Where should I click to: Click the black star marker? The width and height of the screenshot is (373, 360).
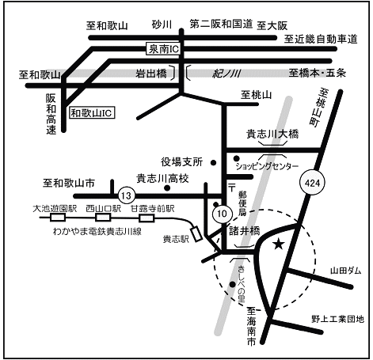click(279, 244)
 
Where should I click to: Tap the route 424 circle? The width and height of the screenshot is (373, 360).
click(312, 183)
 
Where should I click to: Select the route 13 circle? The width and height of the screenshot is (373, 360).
click(127, 195)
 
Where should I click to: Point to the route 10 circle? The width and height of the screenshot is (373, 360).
click(223, 214)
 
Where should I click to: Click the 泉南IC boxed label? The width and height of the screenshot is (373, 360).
click(163, 49)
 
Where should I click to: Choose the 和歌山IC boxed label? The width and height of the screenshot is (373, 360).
click(92, 113)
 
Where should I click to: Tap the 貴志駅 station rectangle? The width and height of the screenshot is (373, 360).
click(196, 233)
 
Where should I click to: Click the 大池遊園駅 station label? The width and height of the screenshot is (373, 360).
click(55, 209)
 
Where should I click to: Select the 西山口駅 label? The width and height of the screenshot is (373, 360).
click(103, 209)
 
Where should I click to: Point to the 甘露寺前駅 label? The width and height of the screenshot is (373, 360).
click(153, 209)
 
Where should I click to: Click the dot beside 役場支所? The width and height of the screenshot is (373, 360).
click(213, 163)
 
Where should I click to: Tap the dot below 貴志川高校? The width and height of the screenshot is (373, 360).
click(167, 188)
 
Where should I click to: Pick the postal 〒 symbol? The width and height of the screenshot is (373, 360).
click(232, 188)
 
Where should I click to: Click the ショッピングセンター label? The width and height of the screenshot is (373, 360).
click(267, 166)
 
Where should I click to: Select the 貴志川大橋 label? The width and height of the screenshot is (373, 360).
click(272, 134)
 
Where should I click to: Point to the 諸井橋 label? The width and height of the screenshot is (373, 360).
click(245, 231)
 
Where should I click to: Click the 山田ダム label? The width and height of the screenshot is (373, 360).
click(345, 271)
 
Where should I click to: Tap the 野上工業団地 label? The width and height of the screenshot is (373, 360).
click(337, 319)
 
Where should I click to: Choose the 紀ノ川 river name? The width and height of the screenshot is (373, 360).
click(226, 74)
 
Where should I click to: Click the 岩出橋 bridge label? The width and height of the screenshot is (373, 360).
click(151, 74)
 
